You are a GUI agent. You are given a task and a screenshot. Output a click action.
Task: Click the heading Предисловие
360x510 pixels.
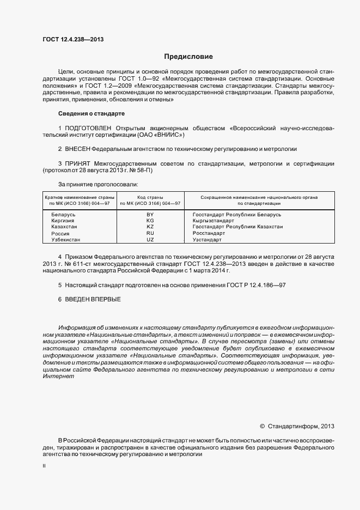189,57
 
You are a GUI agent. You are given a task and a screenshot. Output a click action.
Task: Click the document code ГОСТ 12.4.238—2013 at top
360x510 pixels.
72,39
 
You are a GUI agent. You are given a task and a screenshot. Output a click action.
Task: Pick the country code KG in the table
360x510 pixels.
150,221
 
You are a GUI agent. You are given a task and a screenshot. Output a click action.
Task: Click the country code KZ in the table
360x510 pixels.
150,227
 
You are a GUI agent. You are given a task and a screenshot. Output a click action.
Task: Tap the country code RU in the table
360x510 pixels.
150,233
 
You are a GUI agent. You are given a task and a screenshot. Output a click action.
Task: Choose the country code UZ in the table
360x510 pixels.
150,240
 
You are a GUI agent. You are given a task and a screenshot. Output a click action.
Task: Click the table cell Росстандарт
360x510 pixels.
209,233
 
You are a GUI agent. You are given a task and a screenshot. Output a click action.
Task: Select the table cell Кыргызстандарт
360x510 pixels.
213,221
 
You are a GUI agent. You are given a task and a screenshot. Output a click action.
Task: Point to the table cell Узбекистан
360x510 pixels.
66,240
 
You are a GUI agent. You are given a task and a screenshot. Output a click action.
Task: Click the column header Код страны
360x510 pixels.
150,197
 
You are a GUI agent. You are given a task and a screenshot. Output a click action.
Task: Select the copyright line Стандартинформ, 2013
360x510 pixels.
297,426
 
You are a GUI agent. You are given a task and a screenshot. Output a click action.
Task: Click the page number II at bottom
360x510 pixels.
44,466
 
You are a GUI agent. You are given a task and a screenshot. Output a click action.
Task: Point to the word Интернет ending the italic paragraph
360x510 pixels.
58,377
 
